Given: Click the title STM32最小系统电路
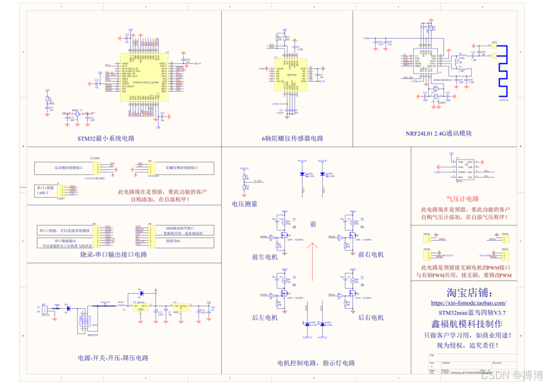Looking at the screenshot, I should tap(106, 138).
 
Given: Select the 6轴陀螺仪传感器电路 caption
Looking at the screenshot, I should tap(293, 138).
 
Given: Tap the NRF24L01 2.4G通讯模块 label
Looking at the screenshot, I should tap(438, 134).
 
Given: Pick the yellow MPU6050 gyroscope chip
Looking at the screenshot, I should tap(292, 78).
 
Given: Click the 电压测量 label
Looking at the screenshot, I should tap(245, 204).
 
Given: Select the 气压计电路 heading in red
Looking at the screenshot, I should tap(462, 199).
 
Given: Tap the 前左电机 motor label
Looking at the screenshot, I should tap(265, 257).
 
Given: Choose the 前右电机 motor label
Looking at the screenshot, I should tap(371, 254).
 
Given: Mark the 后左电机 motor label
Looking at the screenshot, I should tap(265, 318).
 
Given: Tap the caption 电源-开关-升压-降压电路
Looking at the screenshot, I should tap(113, 358).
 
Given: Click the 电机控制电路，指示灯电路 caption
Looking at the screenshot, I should tap(316, 363).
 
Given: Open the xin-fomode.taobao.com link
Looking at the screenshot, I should tap(468, 303).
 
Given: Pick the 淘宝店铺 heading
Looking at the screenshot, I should tap(468, 293).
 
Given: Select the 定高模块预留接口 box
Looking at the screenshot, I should tap(68, 168).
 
